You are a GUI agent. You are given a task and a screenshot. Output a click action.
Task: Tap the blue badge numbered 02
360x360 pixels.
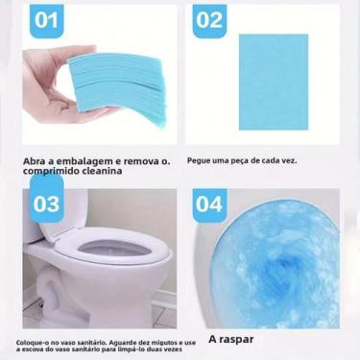[209, 19]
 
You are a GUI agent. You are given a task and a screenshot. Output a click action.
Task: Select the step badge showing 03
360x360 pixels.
[45, 204]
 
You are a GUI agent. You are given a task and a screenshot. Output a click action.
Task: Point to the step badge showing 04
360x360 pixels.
[209, 204]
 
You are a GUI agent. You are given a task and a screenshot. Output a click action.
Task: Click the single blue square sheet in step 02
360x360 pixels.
[274, 83]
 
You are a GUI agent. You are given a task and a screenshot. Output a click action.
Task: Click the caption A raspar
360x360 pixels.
[230, 338]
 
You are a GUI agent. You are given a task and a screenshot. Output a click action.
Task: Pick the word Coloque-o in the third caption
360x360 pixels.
[30, 339]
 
